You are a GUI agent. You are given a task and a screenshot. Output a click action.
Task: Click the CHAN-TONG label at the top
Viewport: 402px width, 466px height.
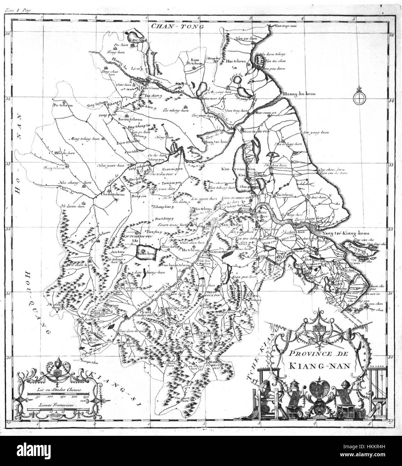177,26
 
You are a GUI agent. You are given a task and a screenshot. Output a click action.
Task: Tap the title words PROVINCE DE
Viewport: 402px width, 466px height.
312,353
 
